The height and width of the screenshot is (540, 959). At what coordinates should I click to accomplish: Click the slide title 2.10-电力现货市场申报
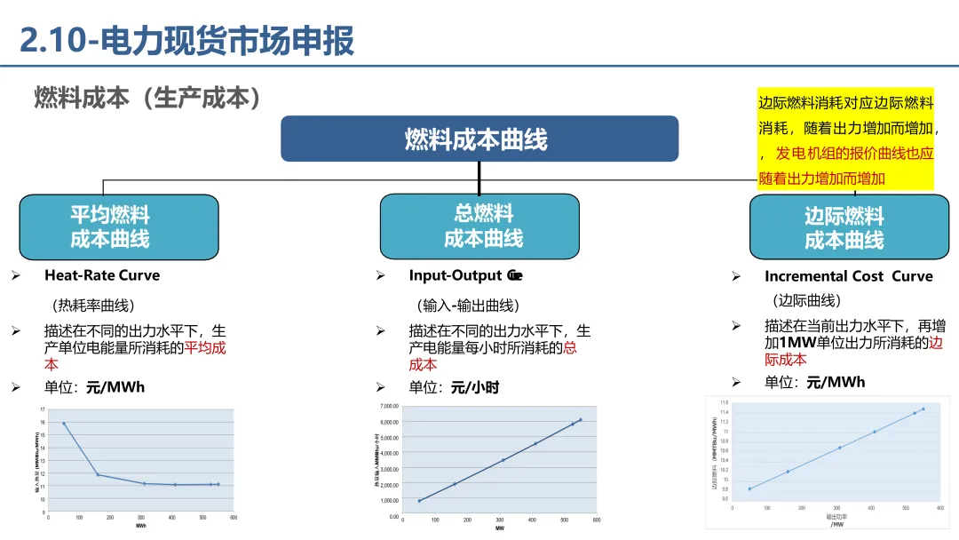[x=187, y=41]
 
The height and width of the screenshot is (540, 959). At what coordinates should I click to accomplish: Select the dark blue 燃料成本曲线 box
[x=479, y=139]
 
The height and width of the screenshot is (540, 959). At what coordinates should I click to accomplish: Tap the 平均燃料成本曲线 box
[x=118, y=227]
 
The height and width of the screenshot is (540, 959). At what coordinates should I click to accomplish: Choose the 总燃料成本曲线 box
[x=479, y=226]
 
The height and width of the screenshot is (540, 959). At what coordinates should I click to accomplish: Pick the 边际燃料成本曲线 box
[x=844, y=228]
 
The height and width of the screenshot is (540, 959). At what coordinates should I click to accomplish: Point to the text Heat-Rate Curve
[x=102, y=275]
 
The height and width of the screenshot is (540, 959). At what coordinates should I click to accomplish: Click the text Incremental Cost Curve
[x=848, y=276]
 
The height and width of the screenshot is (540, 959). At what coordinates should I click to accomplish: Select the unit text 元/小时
[x=475, y=387]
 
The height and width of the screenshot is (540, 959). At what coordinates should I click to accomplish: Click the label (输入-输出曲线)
[x=468, y=306]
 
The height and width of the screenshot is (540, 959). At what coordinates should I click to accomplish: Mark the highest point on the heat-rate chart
[x=65, y=424]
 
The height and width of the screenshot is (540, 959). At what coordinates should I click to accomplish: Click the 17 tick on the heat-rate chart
[x=43, y=409]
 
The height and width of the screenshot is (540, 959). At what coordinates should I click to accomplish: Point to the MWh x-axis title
[x=140, y=526]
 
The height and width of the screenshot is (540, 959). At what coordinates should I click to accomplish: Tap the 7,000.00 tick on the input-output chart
[x=388, y=407]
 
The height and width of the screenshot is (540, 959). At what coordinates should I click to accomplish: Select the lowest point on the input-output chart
[x=419, y=501]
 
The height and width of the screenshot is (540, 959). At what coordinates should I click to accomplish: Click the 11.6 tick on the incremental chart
[x=725, y=402]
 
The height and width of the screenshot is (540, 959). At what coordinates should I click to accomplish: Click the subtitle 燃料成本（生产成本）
[x=148, y=97]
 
